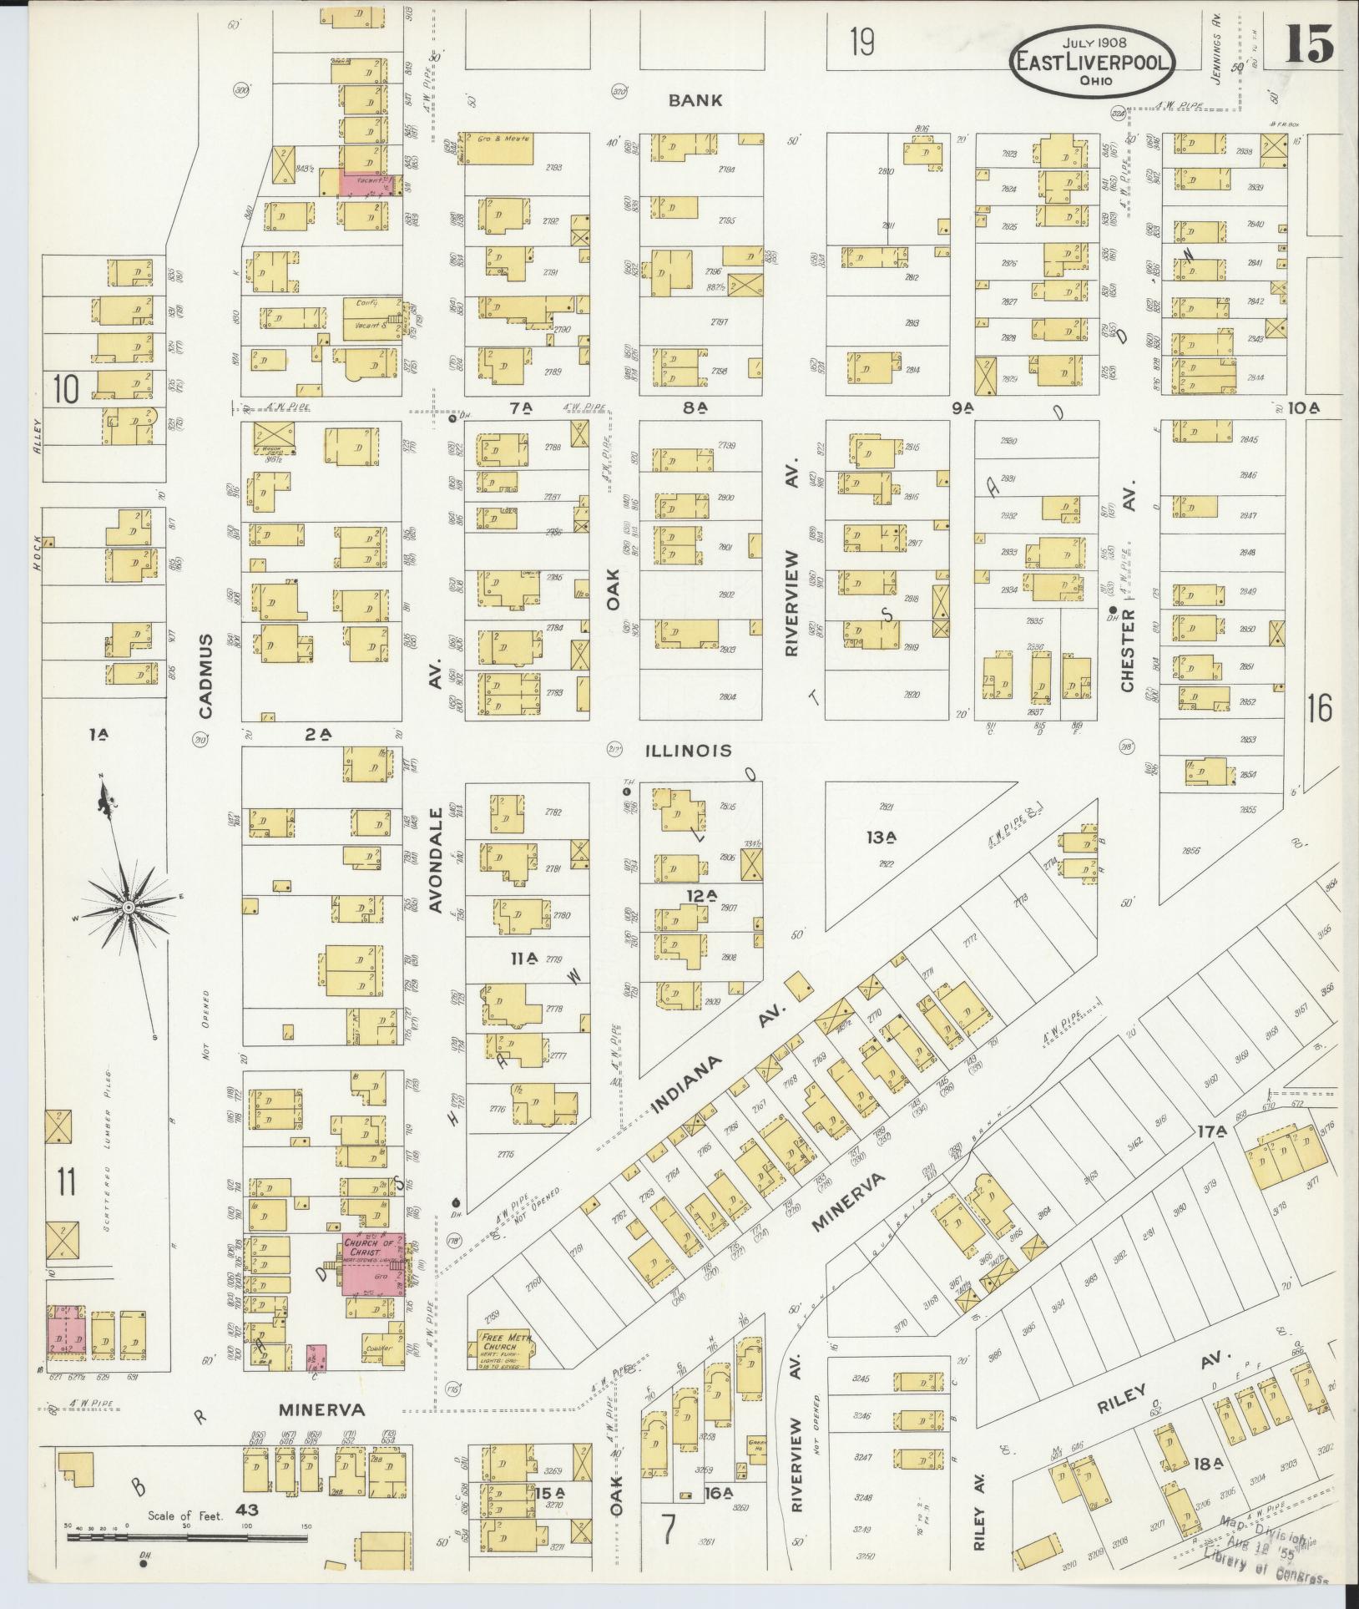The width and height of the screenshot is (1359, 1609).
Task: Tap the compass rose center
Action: pos(129,907)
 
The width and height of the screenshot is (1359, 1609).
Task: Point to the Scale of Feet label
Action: pos(185,1515)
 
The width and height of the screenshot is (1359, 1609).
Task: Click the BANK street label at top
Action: pos(695,100)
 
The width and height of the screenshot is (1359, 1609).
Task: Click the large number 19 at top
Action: pos(862,42)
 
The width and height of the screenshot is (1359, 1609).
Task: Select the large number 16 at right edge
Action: pos(1320,709)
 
